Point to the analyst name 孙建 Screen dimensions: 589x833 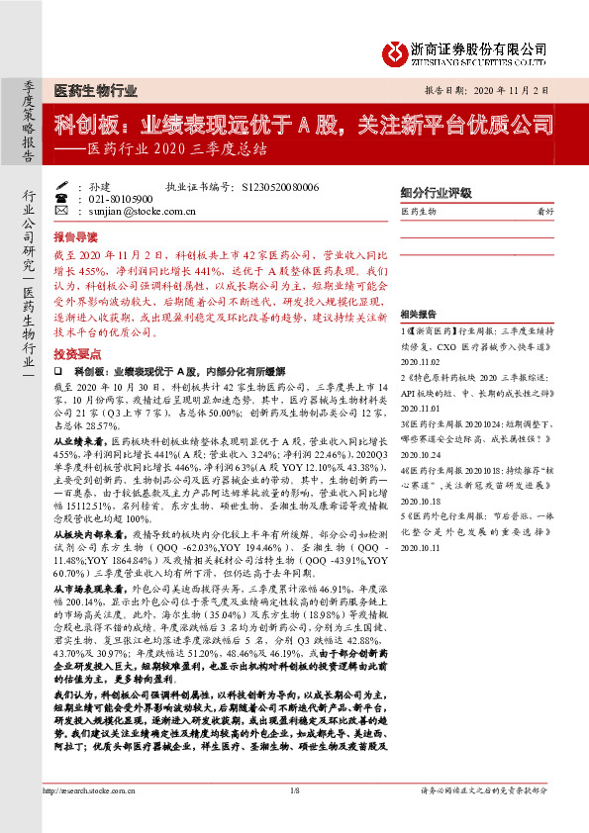(99, 186)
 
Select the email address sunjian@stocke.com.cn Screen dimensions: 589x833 (135, 210)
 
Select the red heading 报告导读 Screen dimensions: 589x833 (75, 237)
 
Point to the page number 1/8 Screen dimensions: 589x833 (294, 817)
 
